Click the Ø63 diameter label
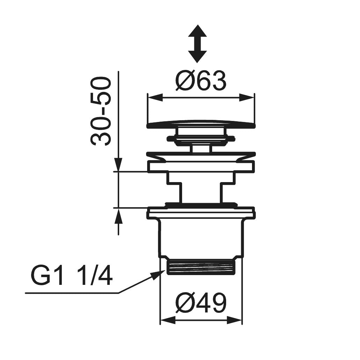201,80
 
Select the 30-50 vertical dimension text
101,112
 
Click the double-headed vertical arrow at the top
197,44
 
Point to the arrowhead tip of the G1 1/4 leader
165,271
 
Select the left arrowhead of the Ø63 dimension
155,98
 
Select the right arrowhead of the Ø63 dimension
247,98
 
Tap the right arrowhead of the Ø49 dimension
234,320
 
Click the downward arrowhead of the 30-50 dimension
118,165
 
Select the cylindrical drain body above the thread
201,238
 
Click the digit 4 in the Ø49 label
201,302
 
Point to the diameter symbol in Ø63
184,80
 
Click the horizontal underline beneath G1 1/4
72,293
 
